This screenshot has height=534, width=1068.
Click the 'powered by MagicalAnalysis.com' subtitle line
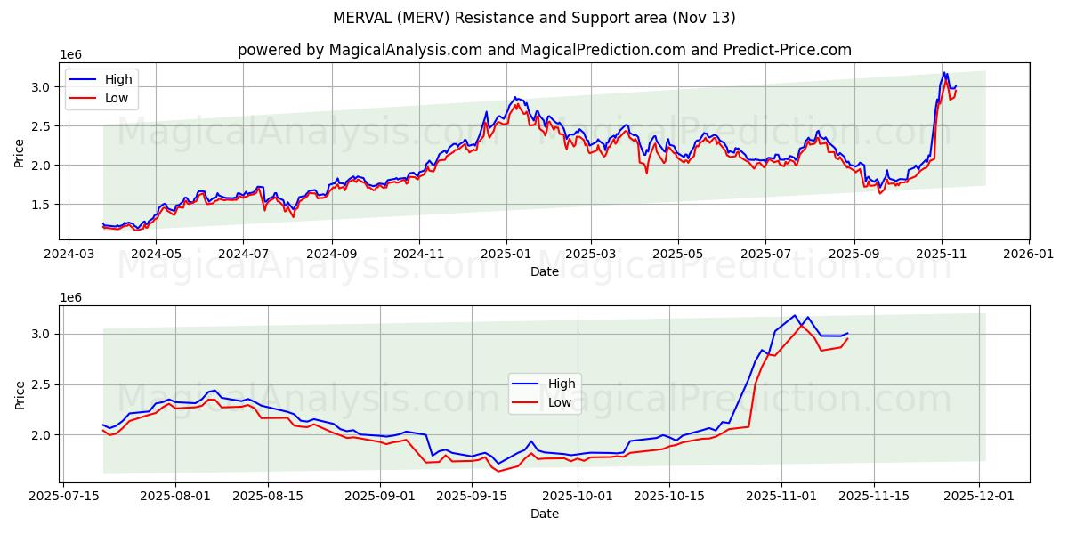[x=545, y=50]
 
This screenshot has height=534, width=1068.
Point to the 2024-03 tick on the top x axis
[x=69, y=254]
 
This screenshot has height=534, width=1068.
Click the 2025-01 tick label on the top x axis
[x=506, y=254]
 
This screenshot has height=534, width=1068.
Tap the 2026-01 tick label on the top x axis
[x=1029, y=254]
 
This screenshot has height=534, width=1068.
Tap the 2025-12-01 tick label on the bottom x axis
[x=980, y=497]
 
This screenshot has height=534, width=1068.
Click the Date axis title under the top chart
[x=545, y=271]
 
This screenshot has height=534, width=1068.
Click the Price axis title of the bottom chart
[x=20, y=393]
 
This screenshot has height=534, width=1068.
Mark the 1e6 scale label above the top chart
[x=70, y=55]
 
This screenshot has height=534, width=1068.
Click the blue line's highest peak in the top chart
[x=944, y=73]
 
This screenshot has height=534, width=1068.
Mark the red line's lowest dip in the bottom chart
[x=498, y=471]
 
